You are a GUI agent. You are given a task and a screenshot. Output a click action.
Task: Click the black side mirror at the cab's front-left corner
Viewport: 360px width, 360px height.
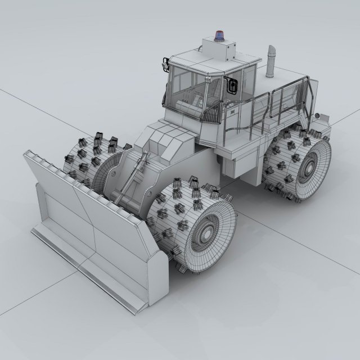(x=165, y=63)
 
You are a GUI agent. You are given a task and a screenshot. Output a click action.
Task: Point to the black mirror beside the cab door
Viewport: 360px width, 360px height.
(x=232, y=85)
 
